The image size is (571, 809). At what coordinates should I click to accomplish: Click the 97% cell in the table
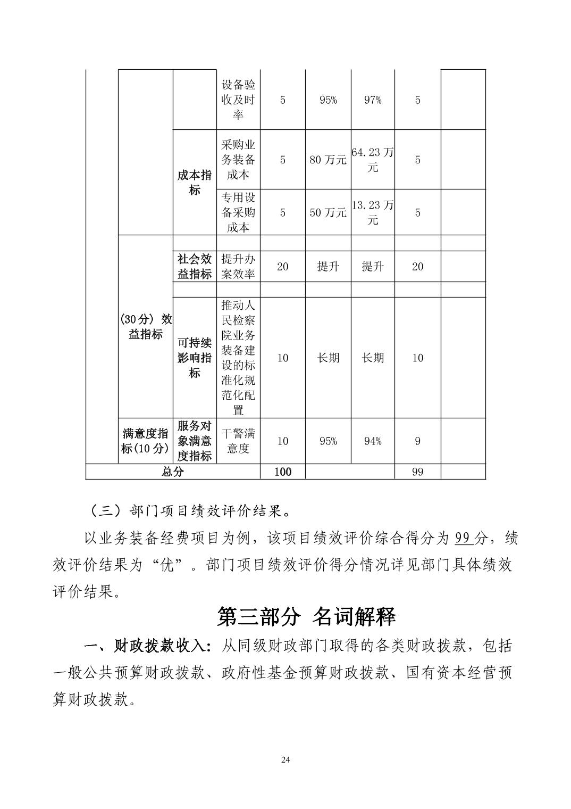tap(372, 100)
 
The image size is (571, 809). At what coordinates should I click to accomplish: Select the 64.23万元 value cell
tap(372, 159)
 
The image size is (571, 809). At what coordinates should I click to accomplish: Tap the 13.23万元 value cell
tap(372, 212)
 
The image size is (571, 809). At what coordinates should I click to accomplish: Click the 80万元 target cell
tap(328, 159)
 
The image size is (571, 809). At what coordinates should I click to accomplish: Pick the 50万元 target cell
tap(328, 212)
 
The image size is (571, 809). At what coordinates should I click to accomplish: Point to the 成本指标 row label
tap(195, 183)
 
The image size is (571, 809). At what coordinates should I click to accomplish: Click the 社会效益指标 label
tap(195, 266)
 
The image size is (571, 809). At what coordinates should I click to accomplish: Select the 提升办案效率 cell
tap(238, 266)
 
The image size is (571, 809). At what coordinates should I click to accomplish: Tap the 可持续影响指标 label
tap(195, 358)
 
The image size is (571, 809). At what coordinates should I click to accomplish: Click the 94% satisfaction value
tap(372, 441)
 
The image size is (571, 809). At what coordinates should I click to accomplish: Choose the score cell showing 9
tap(417, 441)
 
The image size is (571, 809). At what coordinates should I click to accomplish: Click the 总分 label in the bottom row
tap(173, 472)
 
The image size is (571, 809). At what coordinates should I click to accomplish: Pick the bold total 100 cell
tap(282, 472)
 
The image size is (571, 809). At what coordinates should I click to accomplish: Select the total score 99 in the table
tap(417, 472)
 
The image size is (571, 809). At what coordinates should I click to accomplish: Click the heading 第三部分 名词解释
tap(307, 616)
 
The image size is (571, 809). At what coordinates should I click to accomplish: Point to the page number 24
tap(285, 760)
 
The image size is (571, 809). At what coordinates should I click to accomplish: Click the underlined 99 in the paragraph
tap(463, 538)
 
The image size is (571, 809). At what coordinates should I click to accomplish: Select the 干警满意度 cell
tap(238, 441)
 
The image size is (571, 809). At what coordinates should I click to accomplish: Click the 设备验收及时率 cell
tap(238, 100)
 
